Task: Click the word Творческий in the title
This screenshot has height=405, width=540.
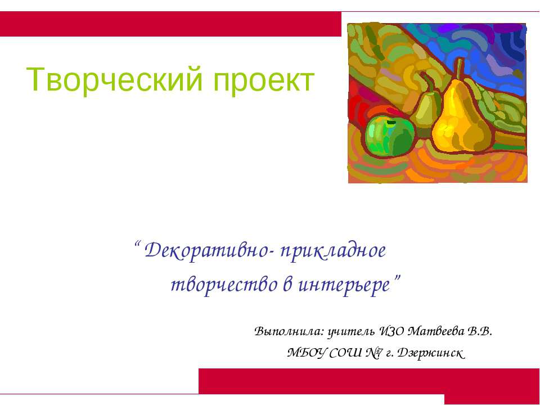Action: (x=114, y=80)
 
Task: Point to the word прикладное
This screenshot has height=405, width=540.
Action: (x=333, y=251)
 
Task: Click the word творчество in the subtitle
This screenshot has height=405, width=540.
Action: (x=224, y=285)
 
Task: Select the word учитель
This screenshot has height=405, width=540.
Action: (x=351, y=332)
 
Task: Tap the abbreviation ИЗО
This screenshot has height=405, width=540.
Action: (x=391, y=331)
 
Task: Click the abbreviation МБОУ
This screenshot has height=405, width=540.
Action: (x=307, y=353)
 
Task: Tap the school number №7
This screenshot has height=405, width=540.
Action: (x=374, y=353)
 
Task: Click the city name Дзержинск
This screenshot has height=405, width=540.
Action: (x=430, y=353)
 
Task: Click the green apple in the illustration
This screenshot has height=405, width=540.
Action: (x=389, y=136)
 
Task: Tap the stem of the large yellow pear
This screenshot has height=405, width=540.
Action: (x=460, y=69)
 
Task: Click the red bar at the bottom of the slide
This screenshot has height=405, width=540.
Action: (x=369, y=381)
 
